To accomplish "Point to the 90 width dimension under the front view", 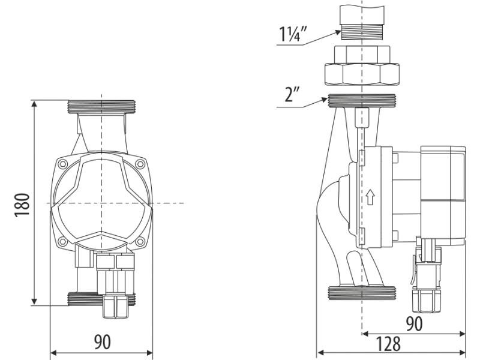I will click(x=102, y=343).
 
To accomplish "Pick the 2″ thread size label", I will click(x=293, y=95).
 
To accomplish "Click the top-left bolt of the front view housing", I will click(x=63, y=163).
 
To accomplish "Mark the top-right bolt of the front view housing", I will click(x=140, y=163).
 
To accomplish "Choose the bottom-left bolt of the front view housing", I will click(x=63, y=242).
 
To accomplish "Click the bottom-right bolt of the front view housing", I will click(x=140, y=242).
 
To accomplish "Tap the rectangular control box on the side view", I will click(x=443, y=195).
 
